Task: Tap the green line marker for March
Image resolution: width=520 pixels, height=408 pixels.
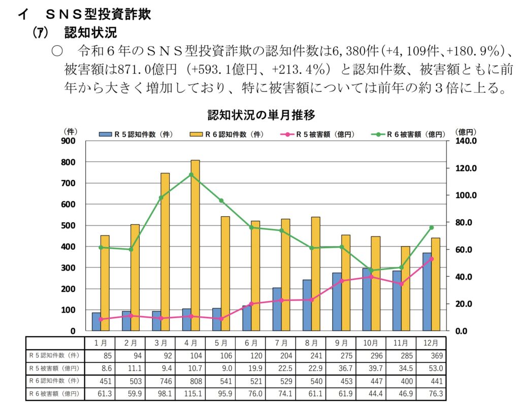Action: [x=161, y=198]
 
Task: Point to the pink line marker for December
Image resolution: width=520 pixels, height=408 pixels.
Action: [x=432, y=259]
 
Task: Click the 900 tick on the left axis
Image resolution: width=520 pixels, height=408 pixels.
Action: [x=69, y=141]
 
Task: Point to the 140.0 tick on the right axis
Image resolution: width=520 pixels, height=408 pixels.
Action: [x=465, y=141]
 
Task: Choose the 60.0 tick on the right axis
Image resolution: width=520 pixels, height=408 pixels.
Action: [x=465, y=250]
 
